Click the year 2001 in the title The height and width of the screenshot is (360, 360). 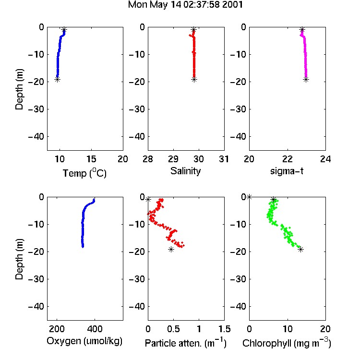[x=232, y=5]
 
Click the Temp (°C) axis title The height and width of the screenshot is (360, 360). [x=84, y=173]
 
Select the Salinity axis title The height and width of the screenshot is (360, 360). [x=185, y=171]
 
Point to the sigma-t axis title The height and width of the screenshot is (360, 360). [x=287, y=171]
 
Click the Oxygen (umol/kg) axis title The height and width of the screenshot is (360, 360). [x=84, y=341]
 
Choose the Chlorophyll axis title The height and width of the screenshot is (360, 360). [x=287, y=343]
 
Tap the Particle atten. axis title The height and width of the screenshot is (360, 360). [x=186, y=343]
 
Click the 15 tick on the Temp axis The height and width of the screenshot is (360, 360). [x=91, y=159]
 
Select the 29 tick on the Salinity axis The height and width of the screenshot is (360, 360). [x=173, y=159]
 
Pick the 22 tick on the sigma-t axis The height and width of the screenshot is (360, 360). [x=288, y=159]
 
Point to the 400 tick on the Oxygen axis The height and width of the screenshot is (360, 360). [x=95, y=329]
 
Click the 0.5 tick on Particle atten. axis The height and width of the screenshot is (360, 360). [x=173, y=329]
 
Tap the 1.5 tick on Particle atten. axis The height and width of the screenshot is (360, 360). [x=224, y=329]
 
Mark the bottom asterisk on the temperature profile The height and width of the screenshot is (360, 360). [x=58, y=80]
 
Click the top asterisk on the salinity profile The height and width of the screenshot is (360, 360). [x=194, y=29]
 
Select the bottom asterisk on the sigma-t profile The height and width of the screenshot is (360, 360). [x=306, y=80]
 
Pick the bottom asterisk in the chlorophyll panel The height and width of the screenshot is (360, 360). [x=301, y=249]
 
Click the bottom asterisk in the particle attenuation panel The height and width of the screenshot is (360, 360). [x=171, y=249]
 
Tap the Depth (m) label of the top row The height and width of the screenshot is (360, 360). [x=20, y=89]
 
